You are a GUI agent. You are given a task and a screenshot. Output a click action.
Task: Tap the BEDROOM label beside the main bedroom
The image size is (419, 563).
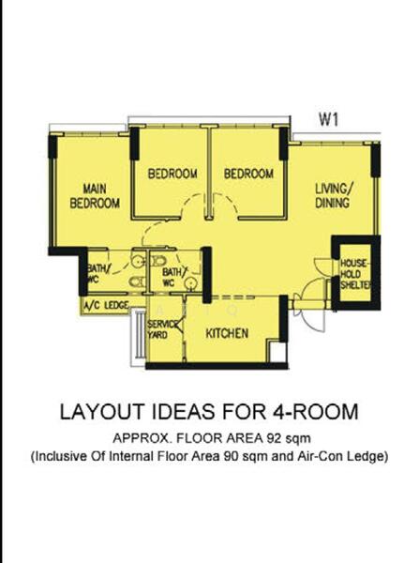(172, 174)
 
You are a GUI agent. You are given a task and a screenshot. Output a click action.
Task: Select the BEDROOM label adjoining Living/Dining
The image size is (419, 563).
(248, 174)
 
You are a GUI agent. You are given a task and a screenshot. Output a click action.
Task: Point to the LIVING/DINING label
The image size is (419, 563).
(332, 195)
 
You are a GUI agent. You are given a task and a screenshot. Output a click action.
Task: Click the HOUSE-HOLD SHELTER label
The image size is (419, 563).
(356, 273)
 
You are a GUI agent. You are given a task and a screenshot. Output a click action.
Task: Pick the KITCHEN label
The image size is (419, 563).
(227, 333)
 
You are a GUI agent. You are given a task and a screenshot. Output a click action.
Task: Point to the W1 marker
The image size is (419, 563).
(328, 119)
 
